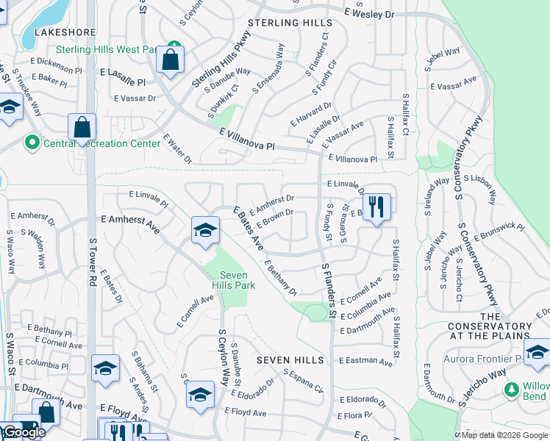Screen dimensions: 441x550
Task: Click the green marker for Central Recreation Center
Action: [32, 142]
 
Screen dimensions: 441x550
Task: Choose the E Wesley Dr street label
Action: [369, 13]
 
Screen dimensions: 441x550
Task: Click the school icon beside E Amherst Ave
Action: [205, 230]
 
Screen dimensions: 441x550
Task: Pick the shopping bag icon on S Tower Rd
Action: [82, 127]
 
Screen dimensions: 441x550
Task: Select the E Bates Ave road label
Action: [249, 228]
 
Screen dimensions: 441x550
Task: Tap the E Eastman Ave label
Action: [366, 361]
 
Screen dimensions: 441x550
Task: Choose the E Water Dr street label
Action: [177, 148]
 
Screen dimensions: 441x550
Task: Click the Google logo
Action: [24, 432]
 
